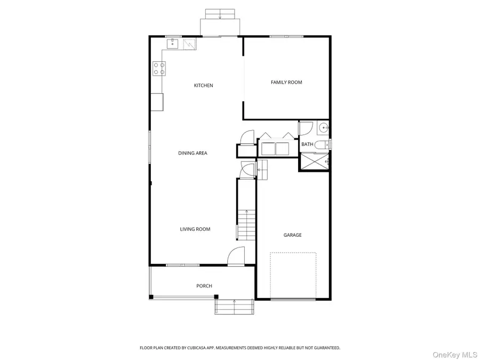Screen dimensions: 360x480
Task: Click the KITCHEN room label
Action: click(203, 85)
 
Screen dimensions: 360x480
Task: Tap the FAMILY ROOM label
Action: click(286, 82)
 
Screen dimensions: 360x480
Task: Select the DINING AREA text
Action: click(193, 153)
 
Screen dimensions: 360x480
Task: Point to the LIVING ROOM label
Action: click(195, 229)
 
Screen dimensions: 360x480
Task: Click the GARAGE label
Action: click(292, 235)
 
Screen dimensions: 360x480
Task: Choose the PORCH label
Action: click(204, 286)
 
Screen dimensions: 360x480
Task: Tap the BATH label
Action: click(307, 145)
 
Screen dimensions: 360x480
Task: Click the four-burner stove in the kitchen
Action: click(159, 68)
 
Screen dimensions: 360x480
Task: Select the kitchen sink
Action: click(172, 44)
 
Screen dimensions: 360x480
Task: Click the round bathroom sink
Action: click(323, 128)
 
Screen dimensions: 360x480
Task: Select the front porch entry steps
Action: click(234, 307)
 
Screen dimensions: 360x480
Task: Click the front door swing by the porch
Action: click(236, 257)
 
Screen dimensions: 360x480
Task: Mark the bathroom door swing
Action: click(305, 129)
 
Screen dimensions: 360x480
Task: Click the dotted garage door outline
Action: click(292, 275)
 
